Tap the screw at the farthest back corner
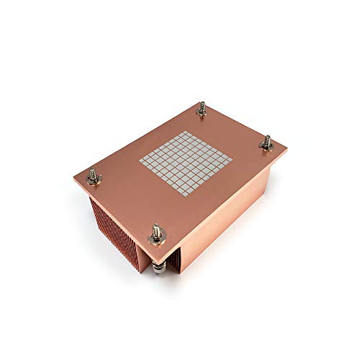pyautogui.click(x=202, y=111)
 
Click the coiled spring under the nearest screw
pyautogui.click(x=156, y=264)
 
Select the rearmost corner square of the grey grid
pyautogui.click(x=187, y=128)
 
